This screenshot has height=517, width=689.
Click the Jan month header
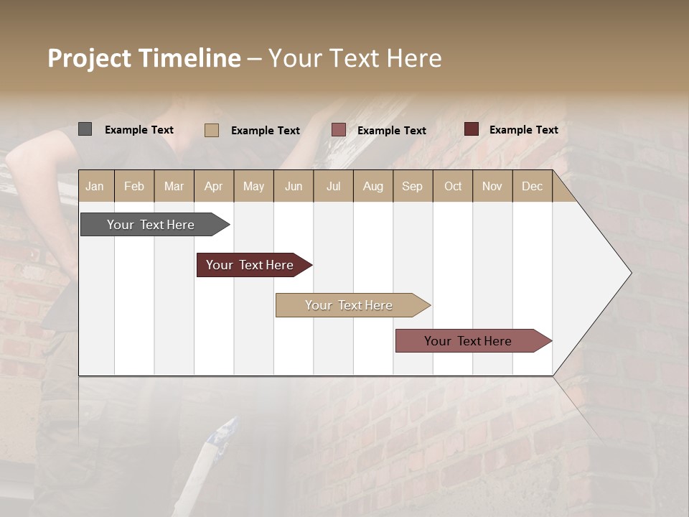[x=95, y=186]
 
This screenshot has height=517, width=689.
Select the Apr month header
[x=214, y=186]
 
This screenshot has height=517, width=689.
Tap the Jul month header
[x=333, y=186]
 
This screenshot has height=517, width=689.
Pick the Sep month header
[x=412, y=186]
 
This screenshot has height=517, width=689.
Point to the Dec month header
[x=532, y=186]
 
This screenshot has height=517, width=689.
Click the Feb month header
[x=134, y=186]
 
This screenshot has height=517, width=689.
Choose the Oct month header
[x=453, y=186]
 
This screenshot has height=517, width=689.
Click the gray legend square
[x=85, y=129]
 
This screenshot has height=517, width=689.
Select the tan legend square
[x=212, y=130]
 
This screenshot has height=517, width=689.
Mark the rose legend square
[x=339, y=130]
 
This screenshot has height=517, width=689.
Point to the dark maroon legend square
[x=472, y=129]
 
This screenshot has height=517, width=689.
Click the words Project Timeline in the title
[x=144, y=58]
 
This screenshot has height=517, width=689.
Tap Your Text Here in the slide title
[x=355, y=58]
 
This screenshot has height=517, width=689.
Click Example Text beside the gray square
[x=139, y=130]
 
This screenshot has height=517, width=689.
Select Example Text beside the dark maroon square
[x=524, y=130]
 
